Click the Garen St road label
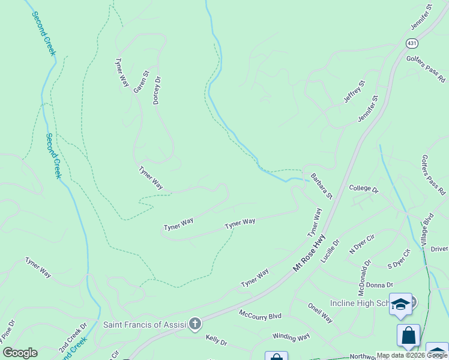click(140, 82)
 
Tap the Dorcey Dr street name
click(157, 90)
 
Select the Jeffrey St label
click(354, 92)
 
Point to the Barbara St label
click(321, 187)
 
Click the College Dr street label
click(364, 189)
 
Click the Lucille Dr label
click(330, 251)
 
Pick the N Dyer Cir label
click(362, 244)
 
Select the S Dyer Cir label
click(398, 259)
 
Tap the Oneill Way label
click(321, 312)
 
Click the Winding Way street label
click(291, 337)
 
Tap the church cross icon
click(194, 325)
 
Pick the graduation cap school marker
click(400, 304)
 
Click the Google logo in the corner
click(20, 352)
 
